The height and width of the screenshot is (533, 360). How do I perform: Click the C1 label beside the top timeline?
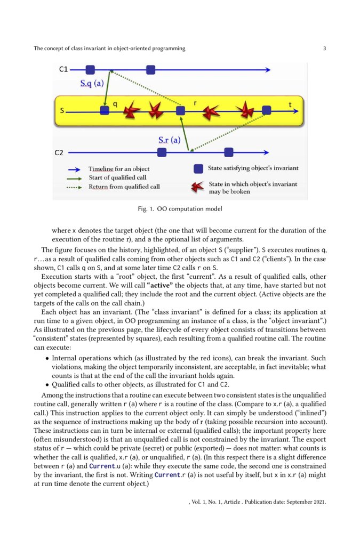[x=63, y=69]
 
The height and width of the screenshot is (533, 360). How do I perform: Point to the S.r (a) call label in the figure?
[x=170, y=140]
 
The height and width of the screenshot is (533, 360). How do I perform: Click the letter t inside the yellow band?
[x=290, y=105]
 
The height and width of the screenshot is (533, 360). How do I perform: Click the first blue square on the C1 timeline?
[x=90, y=69]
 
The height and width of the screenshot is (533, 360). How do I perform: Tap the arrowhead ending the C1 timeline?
[x=268, y=69]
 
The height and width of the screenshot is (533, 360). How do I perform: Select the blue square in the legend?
[x=198, y=168]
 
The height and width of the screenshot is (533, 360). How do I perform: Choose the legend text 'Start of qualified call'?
[x=117, y=177]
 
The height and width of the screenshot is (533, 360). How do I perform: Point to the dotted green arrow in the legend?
[x=77, y=187]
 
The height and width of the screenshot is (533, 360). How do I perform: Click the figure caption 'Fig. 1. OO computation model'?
[x=179, y=208]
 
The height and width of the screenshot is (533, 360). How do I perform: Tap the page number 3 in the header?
[x=324, y=49]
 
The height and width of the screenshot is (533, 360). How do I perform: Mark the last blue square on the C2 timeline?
[x=228, y=152]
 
